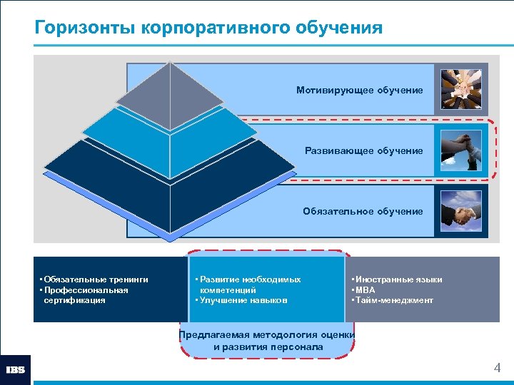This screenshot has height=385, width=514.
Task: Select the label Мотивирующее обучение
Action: [360, 91]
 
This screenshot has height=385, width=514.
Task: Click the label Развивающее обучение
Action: [363, 151]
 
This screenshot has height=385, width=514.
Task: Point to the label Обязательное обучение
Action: [362, 212]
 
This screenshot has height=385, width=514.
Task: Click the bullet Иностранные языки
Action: [396, 279]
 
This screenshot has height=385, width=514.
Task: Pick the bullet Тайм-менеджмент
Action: [393, 300]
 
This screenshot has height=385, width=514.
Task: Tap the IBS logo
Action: [16, 369]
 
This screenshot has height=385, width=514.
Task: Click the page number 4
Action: [497, 369]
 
